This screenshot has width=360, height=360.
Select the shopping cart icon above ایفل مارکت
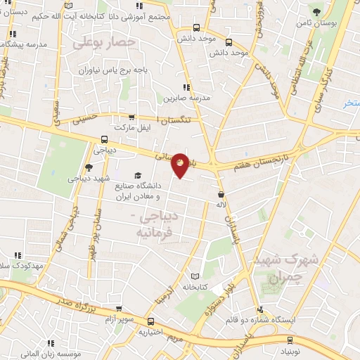(x=131, y=117)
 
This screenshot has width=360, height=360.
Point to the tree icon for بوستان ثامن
(x=316, y=11)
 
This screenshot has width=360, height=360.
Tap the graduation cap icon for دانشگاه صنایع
(x=137, y=175)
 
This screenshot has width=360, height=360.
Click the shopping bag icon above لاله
(x=221, y=194)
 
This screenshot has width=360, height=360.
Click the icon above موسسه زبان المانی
(x=50, y=344)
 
